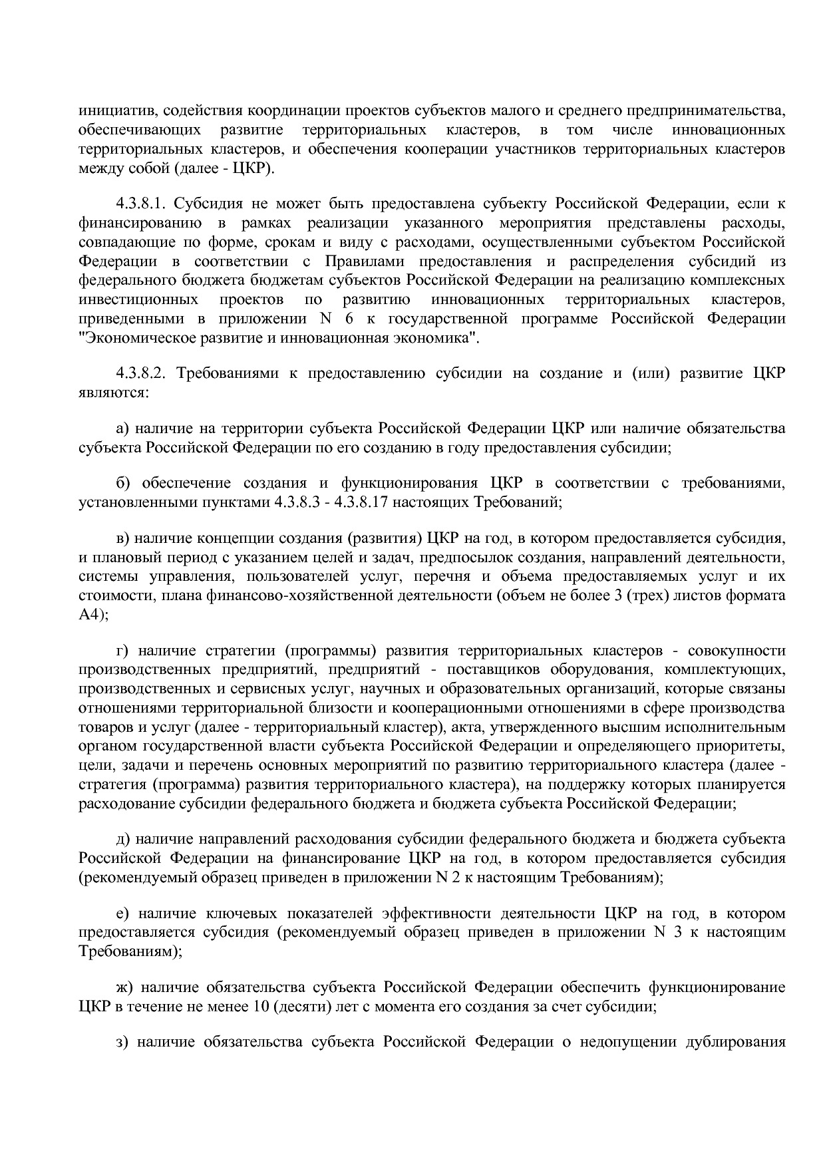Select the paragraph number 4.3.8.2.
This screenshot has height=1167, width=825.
click(x=144, y=373)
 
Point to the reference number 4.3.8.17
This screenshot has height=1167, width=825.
click(x=358, y=503)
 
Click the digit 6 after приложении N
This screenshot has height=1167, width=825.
click(x=349, y=319)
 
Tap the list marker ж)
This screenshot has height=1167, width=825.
click(x=123, y=987)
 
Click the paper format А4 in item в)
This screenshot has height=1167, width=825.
click(x=89, y=615)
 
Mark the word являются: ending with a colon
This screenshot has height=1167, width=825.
click(x=114, y=392)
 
